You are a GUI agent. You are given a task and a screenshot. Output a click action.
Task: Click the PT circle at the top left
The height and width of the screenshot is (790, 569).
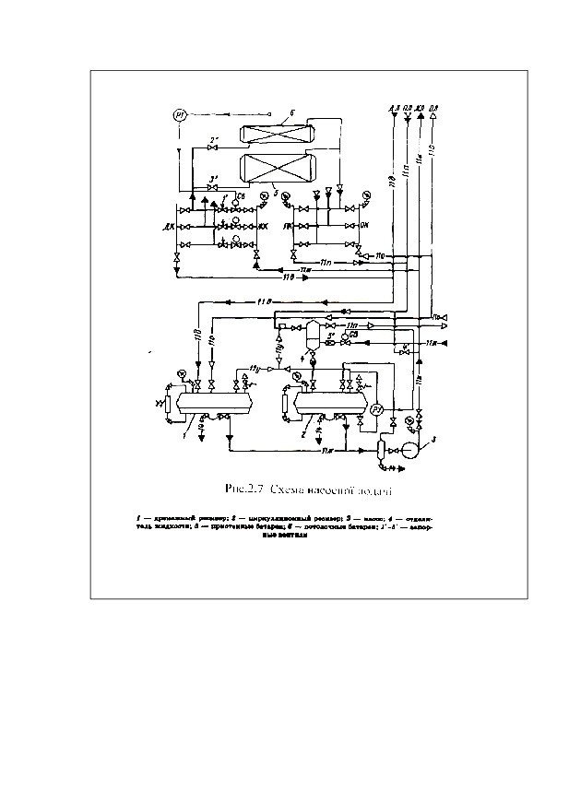coord(180,115)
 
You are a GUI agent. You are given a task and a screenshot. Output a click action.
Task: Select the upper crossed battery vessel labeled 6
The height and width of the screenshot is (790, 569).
coord(278,131)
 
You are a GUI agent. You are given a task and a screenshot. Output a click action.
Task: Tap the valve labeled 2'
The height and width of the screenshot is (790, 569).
coord(214,148)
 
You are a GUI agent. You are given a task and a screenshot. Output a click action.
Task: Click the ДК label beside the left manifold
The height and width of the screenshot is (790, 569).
coord(170,225)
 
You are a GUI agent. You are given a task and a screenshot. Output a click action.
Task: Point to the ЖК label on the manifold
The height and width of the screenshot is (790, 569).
coord(263,225)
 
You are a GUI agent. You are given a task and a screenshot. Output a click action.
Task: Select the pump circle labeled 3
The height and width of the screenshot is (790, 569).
coord(406,450)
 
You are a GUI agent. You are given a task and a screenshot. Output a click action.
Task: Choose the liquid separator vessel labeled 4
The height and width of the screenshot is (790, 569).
coord(313,333)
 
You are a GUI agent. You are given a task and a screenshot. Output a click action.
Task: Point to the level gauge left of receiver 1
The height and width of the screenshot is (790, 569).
coord(167,404)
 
